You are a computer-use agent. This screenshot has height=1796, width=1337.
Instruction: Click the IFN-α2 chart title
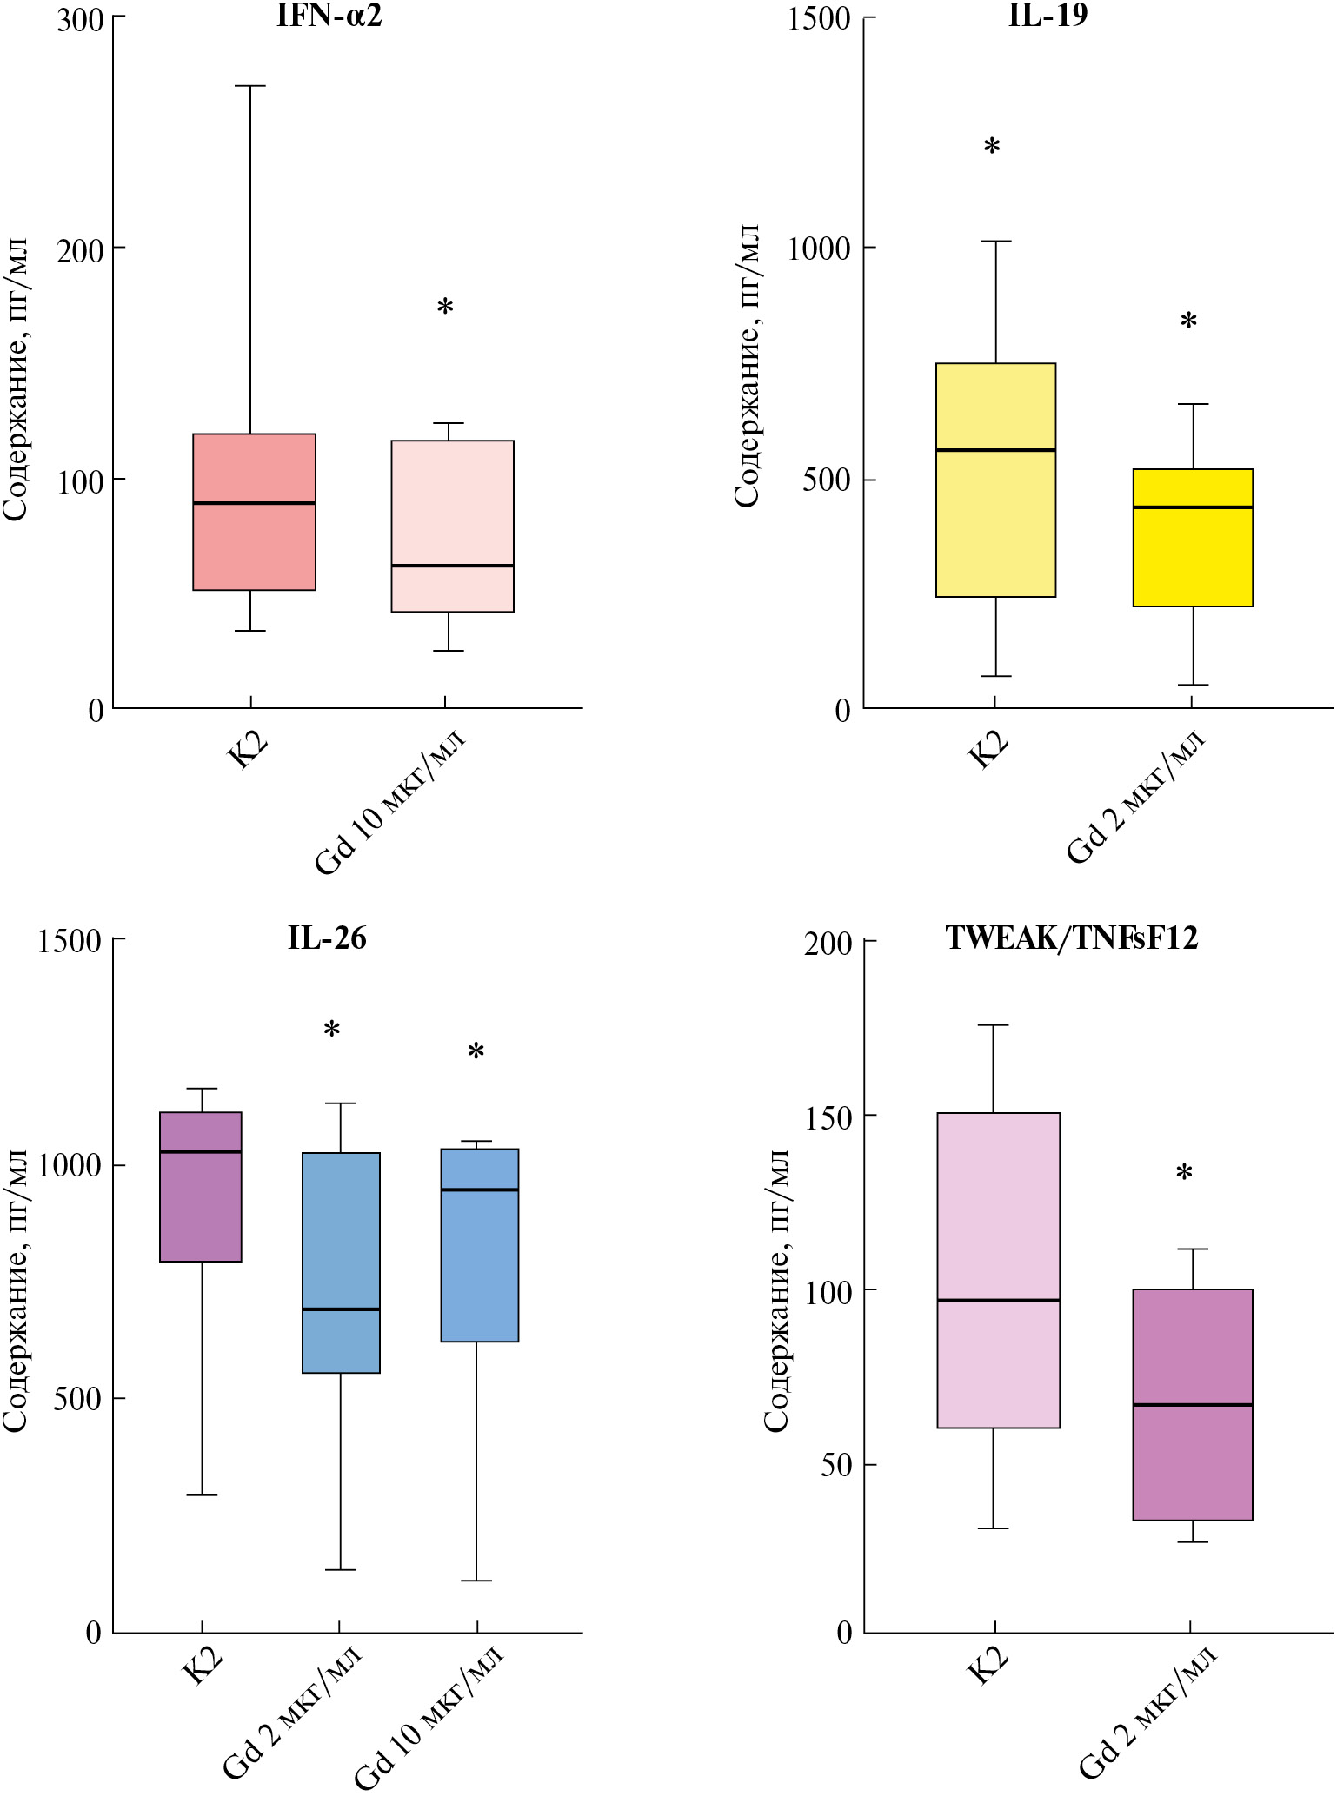[x=329, y=16]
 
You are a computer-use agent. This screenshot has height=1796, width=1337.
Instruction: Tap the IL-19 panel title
[x=1048, y=16]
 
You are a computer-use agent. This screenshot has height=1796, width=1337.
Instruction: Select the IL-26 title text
[x=327, y=938]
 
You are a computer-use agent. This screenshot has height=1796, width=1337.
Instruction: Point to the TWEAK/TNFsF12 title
[x=1072, y=938]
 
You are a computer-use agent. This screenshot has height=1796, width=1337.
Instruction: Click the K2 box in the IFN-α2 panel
[x=254, y=512]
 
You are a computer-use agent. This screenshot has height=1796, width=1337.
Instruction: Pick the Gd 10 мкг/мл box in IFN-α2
[x=452, y=526]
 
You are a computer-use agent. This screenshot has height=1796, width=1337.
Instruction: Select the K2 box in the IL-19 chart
[x=995, y=480]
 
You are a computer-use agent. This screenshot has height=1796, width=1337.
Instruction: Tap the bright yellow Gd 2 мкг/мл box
[x=1193, y=537]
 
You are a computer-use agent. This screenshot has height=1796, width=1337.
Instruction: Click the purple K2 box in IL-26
[x=202, y=1186]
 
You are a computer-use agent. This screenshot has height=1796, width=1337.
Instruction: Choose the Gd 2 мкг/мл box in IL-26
[x=341, y=1263]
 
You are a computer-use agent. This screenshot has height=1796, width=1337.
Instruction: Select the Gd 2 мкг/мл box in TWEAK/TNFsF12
[x=1193, y=1404]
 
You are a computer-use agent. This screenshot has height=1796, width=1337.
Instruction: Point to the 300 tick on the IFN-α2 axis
[x=80, y=19]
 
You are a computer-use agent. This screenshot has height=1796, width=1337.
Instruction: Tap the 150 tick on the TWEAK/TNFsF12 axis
[x=828, y=1117]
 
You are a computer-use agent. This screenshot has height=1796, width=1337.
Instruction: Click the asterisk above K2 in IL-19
[x=992, y=147]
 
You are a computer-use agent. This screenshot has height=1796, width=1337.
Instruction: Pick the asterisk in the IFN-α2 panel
[x=445, y=307]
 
